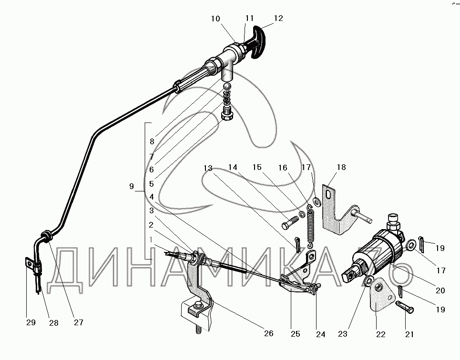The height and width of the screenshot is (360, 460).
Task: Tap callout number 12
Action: tap(278, 19)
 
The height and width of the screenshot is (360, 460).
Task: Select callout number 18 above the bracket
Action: tap(341, 168)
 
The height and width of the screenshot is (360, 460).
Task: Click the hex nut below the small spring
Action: tap(227, 115)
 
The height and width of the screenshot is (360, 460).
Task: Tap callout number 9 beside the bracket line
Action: tap(132, 187)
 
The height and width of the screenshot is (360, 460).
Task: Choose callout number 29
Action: tap(31, 323)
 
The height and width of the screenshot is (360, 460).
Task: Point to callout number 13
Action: tap(207, 168)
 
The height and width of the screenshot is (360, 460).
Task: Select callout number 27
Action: tap(79, 322)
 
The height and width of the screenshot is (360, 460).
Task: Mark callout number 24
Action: tap(321, 334)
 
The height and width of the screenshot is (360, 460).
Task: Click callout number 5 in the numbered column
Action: tap(151, 184)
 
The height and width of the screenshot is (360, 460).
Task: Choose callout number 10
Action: tap(215, 19)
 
